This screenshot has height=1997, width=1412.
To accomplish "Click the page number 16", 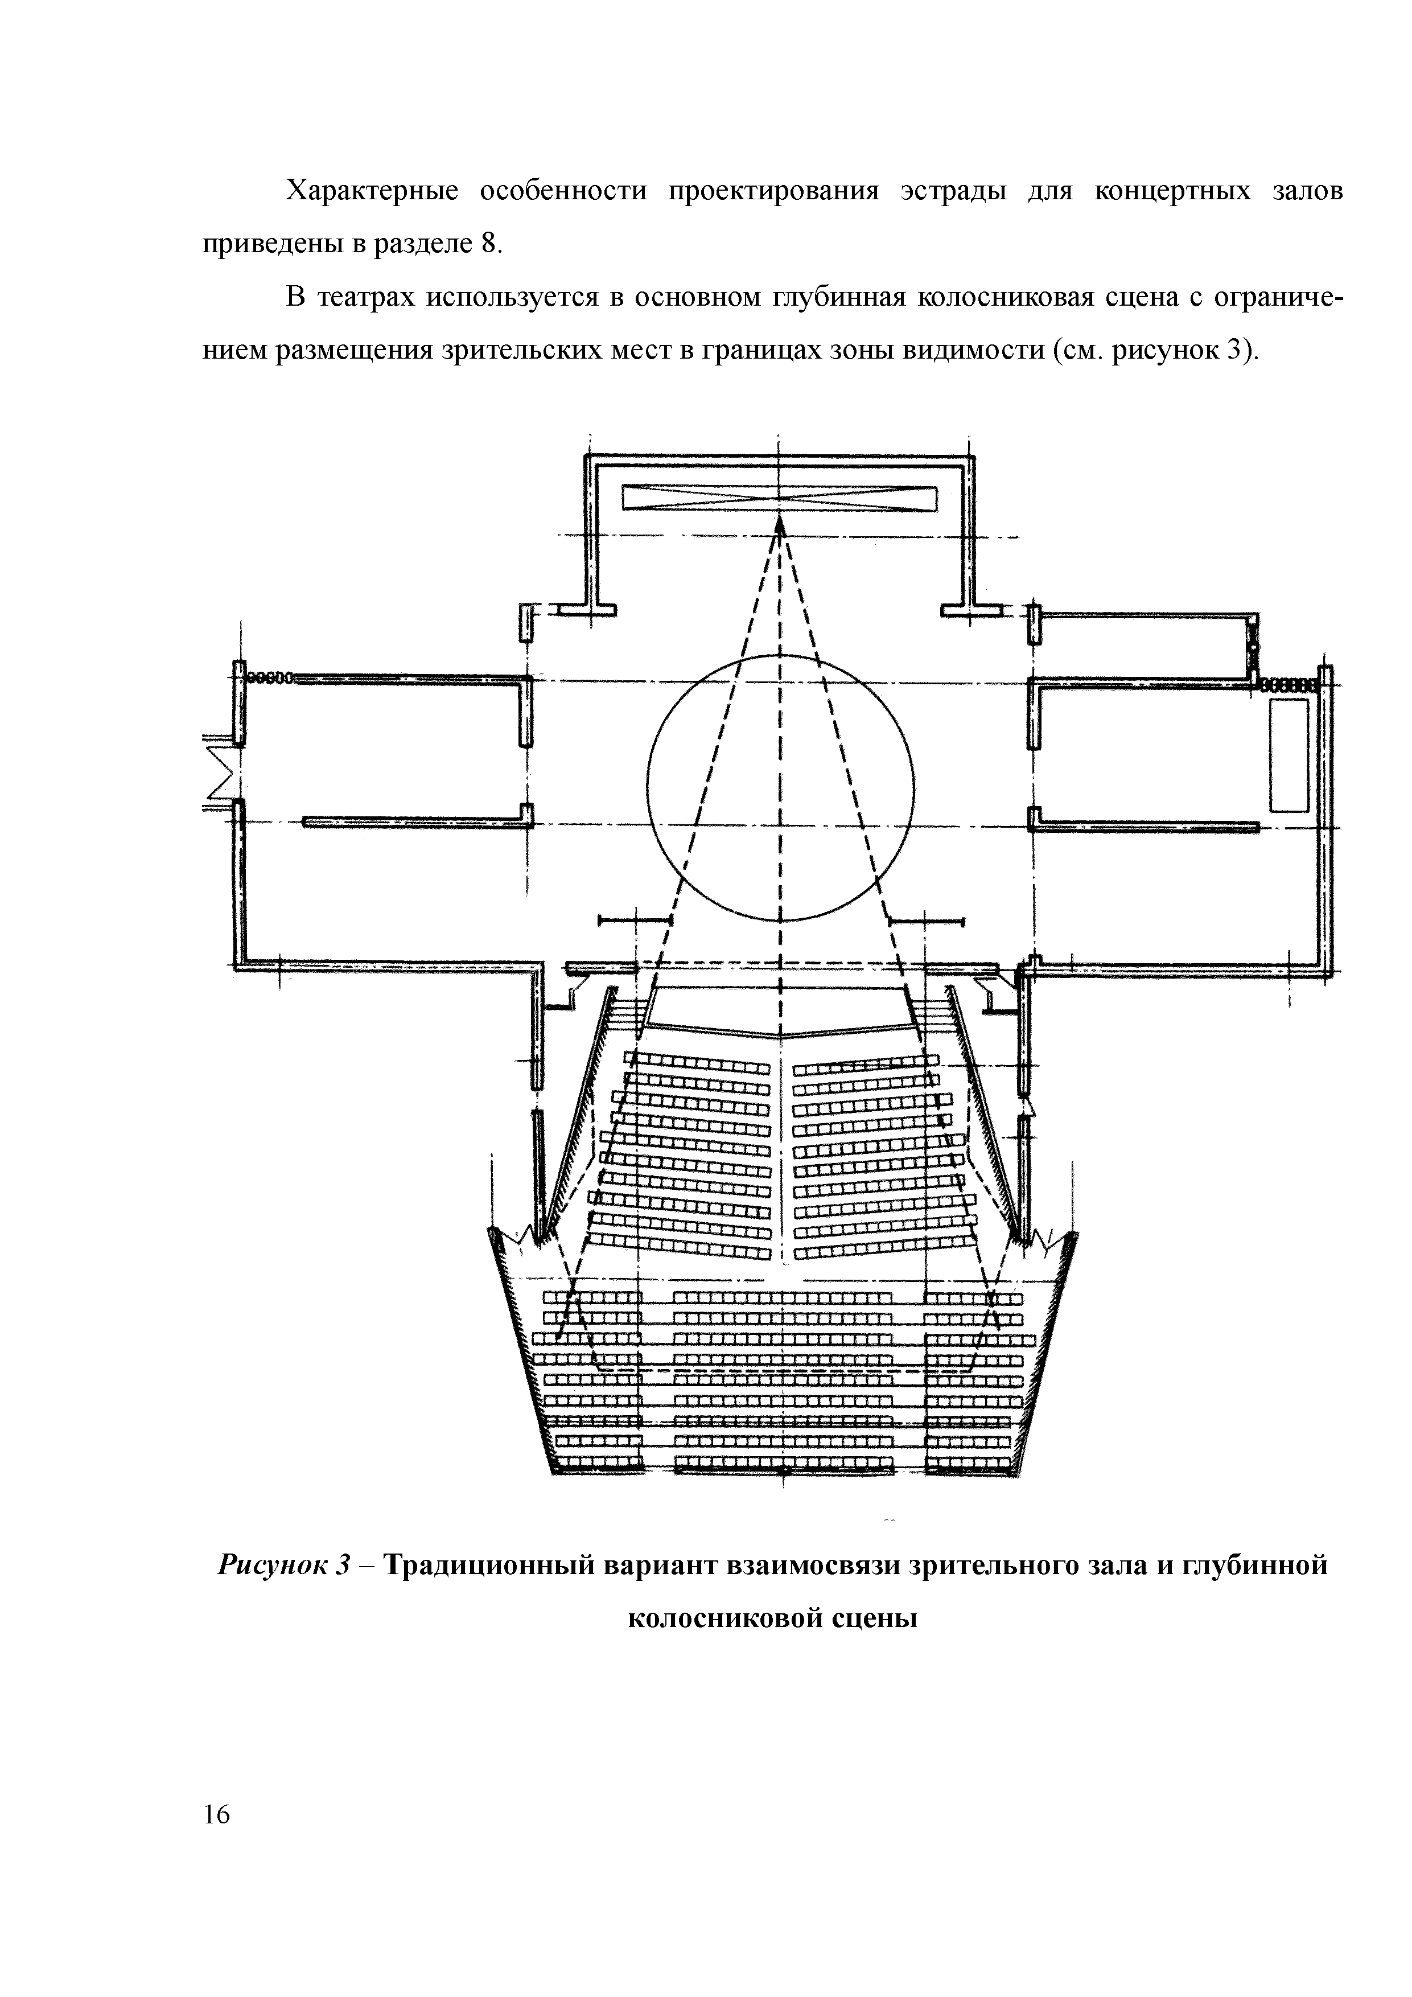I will point(216,1814).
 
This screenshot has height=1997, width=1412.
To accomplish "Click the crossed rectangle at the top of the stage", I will point(780,498).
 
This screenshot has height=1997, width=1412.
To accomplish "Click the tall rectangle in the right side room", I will point(1288,755).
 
